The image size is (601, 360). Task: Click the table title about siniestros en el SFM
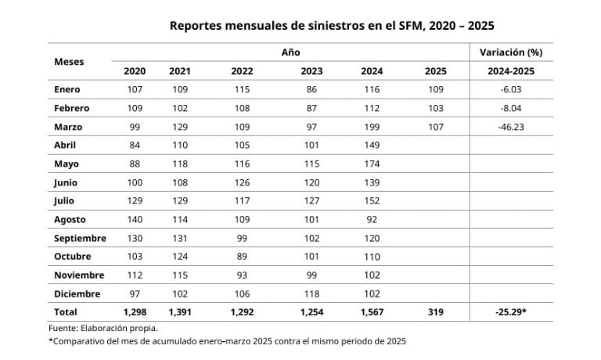(x=332, y=25)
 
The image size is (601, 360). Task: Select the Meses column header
(x=69, y=61)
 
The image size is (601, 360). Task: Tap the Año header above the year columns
(x=290, y=52)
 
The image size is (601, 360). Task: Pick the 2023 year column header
(x=311, y=71)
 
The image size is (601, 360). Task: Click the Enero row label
(x=67, y=89)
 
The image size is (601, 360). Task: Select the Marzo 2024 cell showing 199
(x=372, y=126)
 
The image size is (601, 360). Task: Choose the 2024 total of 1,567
(x=372, y=312)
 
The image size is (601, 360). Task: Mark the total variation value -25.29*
(x=510, y=312)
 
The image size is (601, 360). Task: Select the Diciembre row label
(x=77, y=293)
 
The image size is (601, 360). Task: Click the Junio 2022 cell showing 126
(x=242, y=182)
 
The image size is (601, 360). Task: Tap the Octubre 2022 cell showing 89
(x=242, y=256)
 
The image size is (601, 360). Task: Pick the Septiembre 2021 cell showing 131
(x=180, y=238)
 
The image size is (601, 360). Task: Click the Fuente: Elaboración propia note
(x=103, y=328)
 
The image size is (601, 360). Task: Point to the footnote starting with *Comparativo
(x=227, y=341)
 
